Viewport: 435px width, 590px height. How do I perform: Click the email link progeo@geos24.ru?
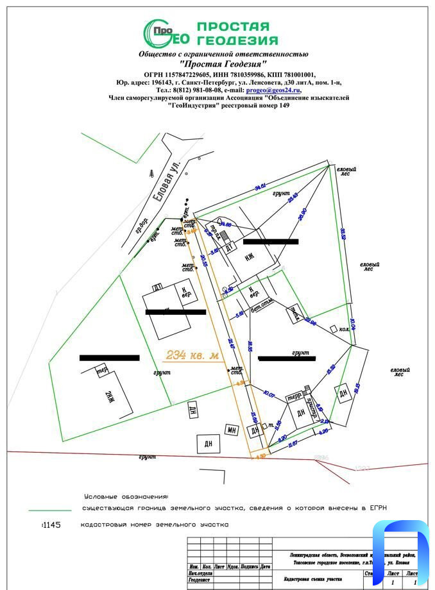tap(273, 90)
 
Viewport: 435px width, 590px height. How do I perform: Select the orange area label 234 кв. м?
tap(191, 355)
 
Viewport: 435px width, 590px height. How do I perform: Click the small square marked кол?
tap(333, 328)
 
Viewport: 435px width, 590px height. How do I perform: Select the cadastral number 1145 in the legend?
tap(51, 525)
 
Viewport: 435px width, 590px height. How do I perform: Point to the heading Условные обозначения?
tap(126, 496)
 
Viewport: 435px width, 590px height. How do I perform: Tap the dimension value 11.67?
tap(292, 442)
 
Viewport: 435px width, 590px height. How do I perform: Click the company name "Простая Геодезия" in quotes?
tap(223, 64)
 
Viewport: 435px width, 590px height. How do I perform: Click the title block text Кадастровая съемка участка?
tap(312, 579)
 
